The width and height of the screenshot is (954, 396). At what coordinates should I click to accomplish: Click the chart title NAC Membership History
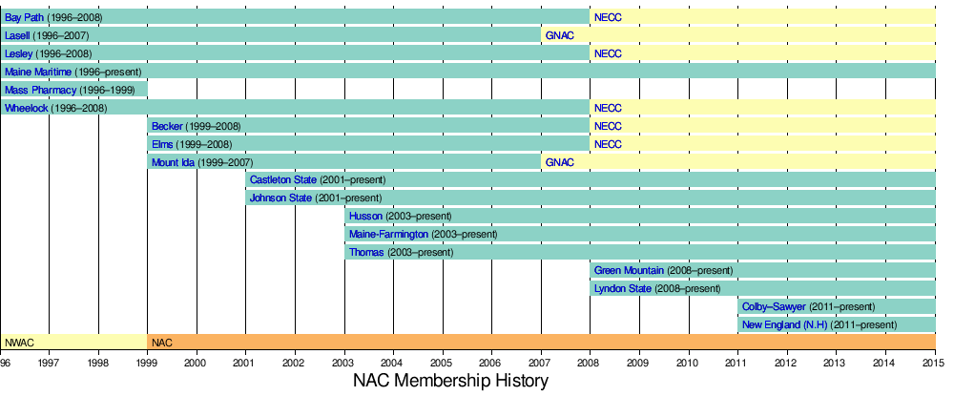pyautogui.click(x=450, y=382)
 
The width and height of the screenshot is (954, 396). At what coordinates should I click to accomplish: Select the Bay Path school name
pyautogui.click(x=24, y=17)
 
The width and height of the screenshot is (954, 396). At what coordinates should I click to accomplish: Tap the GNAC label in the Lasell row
pyautogui.click(x=560, y=35)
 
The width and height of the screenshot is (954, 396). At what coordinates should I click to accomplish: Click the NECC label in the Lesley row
pyautogui.click(x=608, y=53)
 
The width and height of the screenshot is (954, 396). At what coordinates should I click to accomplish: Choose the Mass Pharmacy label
pyautogui.click(x=39, y=90)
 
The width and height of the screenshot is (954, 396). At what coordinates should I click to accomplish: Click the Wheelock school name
pyautogui.click(x=26, y=108)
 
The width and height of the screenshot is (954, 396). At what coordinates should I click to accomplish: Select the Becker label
pyautogui.click(x=168, y=126)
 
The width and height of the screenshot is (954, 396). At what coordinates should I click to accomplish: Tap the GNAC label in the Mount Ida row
pyautogui.click(x=560, y=162)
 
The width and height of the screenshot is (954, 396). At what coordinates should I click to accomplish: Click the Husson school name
pyautogui.click(x=365, y=217)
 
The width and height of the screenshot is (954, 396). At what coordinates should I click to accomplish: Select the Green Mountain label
pyautogui.click(x=629, y=271)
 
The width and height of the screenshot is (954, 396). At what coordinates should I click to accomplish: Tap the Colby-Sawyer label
pyautogui.click(x=773, y=307)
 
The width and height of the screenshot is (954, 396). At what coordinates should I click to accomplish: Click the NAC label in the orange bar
pyautogui.click(x=162, y=343)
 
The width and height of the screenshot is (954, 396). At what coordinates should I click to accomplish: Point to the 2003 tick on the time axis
pyautogui.click(x=344, y=364)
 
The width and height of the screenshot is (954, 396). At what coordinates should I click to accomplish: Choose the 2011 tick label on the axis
pyautogui.click(x=737, y=364)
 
